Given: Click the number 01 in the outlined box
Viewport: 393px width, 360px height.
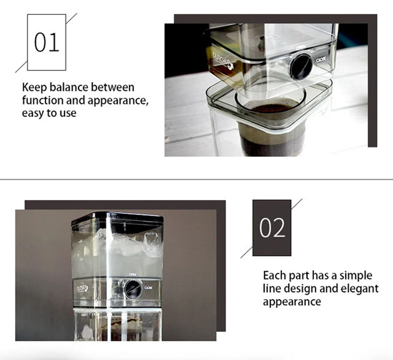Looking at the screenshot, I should pyautogui.click(x=47, y=43).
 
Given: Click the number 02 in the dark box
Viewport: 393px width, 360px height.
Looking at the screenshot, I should pyautogui.click(x=272, y=228).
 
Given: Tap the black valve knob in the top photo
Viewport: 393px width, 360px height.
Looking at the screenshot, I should pyautogui.click(x=300, y=66).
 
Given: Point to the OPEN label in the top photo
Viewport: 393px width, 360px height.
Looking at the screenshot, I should pyautogui.click(x=301, y=47).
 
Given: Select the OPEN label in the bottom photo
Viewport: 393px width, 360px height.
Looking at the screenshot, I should pyautogui.click(x=133, y=275).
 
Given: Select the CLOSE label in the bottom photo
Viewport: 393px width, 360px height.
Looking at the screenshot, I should pyautogui.click(x=148, y=288).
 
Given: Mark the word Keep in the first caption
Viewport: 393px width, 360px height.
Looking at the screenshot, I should pyautogui.click(x=33, y=88).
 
